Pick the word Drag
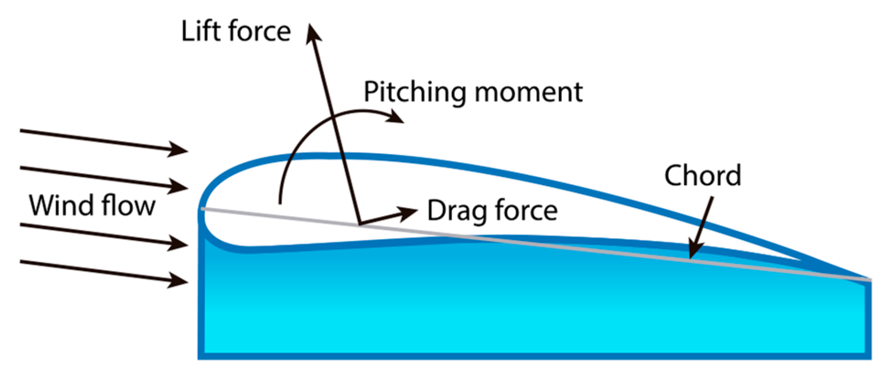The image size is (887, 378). click(x=456, y=212)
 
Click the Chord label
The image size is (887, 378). click(x=702, y=175)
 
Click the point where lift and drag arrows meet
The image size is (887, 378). click(x=360, y=224)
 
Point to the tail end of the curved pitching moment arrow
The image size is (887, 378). click(x=280, y=203)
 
